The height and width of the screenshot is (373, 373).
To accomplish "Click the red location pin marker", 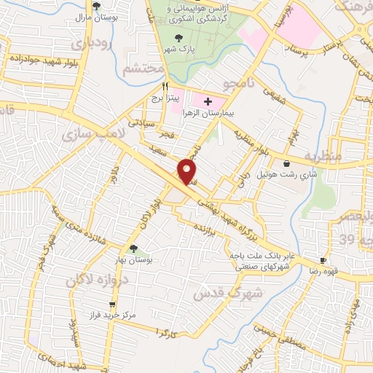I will pyautogui.click(x=188, y=170).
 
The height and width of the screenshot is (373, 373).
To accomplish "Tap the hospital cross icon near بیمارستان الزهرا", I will pyautogui.click(x=209, y=101).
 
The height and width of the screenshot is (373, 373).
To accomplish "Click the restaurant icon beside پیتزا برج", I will pyautogui.click(x=155, y=86).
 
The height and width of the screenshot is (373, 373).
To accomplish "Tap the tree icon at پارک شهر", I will pyautogui.click(x=179, y=39).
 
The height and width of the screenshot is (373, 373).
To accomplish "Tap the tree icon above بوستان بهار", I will pyautogui.click(x=133, y=248).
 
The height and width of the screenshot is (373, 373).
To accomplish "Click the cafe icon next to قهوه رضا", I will pyautogui.click(x=323, y=261).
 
